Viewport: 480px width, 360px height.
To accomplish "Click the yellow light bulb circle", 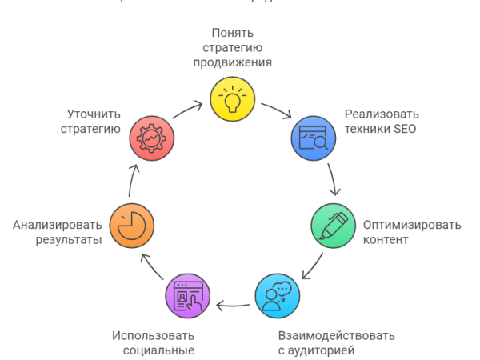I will click(233, 98).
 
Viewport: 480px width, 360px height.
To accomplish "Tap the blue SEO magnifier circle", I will click(312, 136).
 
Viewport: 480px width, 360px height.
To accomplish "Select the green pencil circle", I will click(333, 226).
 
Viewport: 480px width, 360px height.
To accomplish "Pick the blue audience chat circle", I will click(278, 296).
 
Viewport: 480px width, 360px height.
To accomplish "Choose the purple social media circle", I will click(187, 296).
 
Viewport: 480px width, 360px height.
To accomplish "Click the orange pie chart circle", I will click(131, 226).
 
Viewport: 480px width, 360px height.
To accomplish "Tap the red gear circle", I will click(152, 136).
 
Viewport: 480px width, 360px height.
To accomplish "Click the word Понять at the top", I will click(232, 33).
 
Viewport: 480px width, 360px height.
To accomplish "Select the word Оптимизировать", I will click(412, 225).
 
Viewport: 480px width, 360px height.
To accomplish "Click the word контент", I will click(386, 239).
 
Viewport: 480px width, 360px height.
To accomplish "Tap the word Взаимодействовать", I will click(336, 335).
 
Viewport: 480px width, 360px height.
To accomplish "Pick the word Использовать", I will click(153, 335).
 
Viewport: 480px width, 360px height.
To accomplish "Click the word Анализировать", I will click(58, 225).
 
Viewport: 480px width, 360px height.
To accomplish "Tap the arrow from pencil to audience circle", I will click(311, 266).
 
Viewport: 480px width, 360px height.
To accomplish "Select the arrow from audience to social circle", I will click(233, 305).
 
